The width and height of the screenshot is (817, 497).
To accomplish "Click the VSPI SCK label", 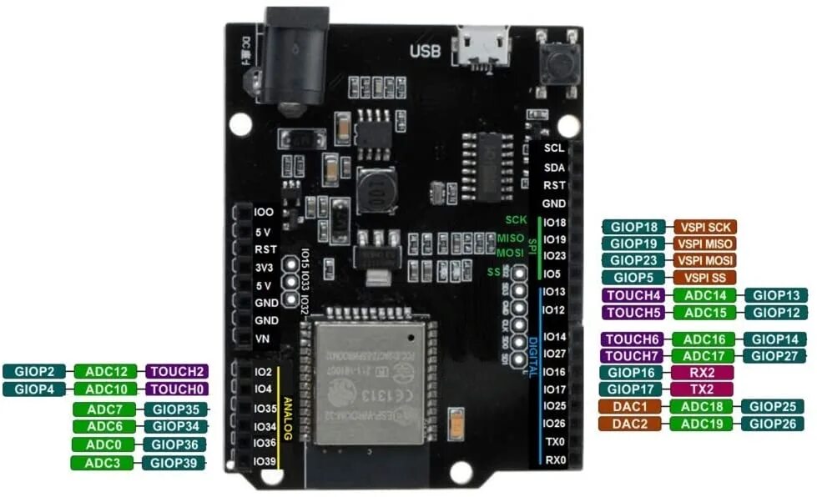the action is point(705,227).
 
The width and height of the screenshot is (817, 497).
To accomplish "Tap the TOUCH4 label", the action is point(633,295).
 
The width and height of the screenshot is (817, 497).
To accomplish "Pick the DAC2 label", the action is point(630,424).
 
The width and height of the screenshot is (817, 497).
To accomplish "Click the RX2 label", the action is point(701,372).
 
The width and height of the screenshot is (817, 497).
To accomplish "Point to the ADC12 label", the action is point(107,371).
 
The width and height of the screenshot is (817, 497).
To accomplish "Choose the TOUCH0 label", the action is point(177,389).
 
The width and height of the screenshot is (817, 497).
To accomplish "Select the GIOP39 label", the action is point(174,463).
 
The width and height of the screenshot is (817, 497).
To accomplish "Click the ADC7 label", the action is point(104,409).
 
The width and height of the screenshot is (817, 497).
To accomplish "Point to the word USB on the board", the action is point(426,51).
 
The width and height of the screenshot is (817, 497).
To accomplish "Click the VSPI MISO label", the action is point(705,243).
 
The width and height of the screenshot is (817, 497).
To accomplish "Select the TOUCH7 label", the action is point(633,356).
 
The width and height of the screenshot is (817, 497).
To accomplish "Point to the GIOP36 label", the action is point(174,444).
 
